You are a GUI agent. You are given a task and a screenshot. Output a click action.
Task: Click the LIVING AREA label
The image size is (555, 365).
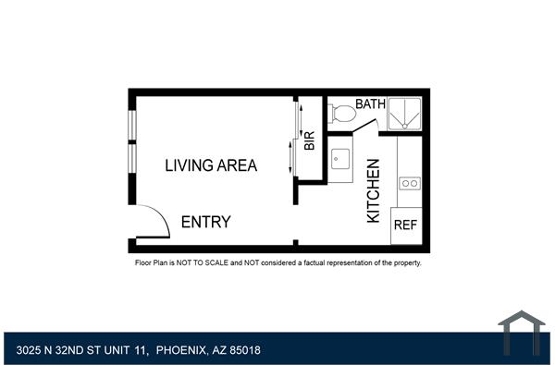211,166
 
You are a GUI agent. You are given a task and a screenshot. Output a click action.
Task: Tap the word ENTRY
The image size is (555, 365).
205,223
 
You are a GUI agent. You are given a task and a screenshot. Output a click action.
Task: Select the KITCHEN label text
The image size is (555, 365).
374,190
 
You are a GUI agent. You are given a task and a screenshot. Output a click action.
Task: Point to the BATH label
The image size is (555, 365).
370,105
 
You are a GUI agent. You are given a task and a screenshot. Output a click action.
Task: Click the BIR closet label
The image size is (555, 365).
310,141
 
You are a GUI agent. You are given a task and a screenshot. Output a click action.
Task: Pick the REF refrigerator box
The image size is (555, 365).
405,225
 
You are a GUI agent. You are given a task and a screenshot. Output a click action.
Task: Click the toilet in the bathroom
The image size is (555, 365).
341,115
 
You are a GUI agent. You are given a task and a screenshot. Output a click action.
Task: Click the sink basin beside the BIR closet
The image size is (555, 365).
339,160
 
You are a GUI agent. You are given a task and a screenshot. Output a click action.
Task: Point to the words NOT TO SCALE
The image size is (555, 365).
200,263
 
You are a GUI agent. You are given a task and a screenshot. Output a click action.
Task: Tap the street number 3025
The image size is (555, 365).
30,350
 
